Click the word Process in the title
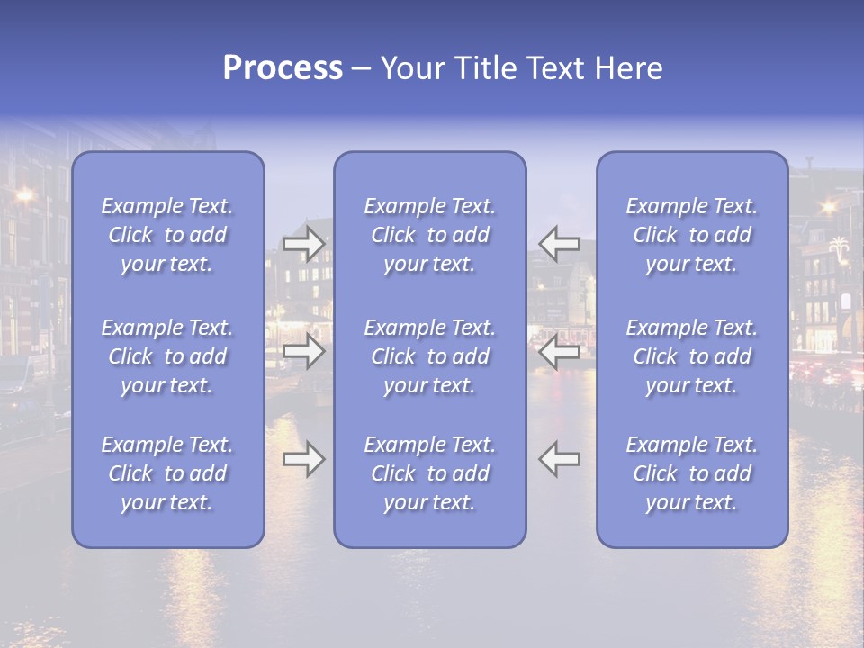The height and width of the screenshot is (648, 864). [283, 68]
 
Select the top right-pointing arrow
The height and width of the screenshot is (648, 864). [304, 243]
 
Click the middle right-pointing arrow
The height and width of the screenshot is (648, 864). [304, 351]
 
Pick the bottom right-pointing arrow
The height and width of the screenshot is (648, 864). [304, 459]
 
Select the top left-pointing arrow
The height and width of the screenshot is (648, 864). [559, 243]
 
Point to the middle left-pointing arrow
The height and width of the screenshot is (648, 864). [559, 351]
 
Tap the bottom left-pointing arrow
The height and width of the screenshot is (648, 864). [559, 459]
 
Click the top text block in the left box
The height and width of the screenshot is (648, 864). [167, 235]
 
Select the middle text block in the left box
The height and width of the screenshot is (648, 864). [167, 356]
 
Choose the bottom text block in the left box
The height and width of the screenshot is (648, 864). [167, 473]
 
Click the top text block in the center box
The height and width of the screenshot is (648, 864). [430, 235]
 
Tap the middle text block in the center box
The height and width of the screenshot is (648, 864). [430, 356]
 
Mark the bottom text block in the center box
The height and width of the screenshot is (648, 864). [430, 473]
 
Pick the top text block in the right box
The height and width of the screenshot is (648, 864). [692, 235]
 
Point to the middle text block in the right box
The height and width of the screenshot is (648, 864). [692, 356]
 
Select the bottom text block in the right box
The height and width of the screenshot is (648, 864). [692, 473]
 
